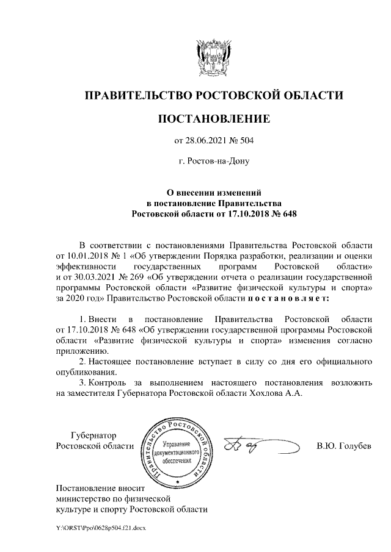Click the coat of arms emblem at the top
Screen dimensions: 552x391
tap(213, 56)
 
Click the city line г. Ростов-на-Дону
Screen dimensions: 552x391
tap(213, 162)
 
